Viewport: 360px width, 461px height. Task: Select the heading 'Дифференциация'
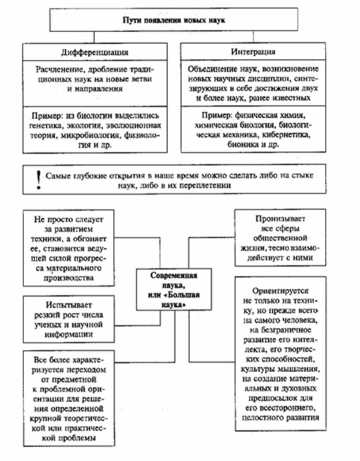95,52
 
